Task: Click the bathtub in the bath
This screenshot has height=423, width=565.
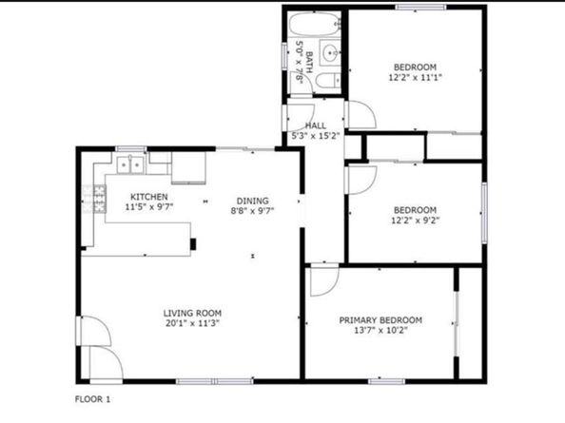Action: click(315, 24)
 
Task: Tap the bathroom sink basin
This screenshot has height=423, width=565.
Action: click(330, 53)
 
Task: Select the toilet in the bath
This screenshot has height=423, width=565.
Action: click(328, 81)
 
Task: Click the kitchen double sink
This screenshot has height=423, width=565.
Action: click(130, 164)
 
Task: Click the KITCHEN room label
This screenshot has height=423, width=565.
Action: click(148, 197)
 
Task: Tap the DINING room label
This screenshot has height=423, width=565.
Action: click(253, 201)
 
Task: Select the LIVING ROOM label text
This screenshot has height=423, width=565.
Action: click(192, 313)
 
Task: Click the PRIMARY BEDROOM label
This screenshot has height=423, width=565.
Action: click(380, 320)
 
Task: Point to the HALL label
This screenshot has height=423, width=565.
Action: click(316, 125)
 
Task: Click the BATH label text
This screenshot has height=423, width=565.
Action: click(309, 63)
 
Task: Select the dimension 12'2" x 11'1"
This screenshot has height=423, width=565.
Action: click(415, 77)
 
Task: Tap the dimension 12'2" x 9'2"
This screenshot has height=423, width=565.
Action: click(415, 221)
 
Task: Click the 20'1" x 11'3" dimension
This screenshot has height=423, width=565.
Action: click(192, 323)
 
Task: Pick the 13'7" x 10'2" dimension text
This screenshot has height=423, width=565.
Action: click(380, 330)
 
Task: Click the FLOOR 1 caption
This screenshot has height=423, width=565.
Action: click(92, 399)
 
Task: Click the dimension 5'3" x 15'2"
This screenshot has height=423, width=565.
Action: click(316, 136)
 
